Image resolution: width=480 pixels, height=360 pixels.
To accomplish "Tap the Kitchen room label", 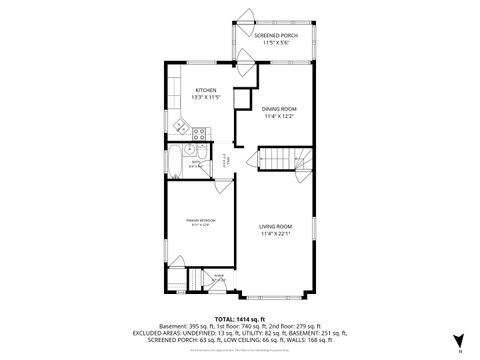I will pyautogui.click(x=206, y=90).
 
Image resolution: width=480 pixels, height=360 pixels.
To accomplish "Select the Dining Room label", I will pyautogui.click(x=280, y=108).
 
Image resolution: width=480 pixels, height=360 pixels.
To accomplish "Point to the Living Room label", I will pyautogui.click(x=276, y=227).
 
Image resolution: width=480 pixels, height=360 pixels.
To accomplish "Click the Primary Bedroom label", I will pyautogui.click(x=200, y=219).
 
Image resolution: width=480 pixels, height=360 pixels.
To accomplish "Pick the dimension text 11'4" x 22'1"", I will pyautogui.click(x=276, y=234).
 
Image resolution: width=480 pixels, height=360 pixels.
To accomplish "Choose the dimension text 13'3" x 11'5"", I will pyautogui.click(x=206, y=97).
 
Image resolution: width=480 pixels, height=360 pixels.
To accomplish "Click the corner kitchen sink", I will pyautogui.click(x=180, y=127).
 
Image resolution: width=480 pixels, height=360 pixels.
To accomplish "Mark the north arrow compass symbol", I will pyautogui.click(x=458, y=340).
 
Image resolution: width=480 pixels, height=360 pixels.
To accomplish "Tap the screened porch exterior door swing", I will pyautogui.click(x=244, y=17).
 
